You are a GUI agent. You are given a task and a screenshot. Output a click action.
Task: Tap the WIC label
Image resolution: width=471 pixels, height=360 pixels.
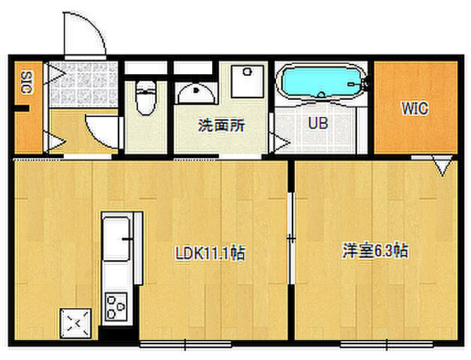point(414,108)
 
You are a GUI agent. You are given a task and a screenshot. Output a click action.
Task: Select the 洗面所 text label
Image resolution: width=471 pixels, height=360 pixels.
point(221,126)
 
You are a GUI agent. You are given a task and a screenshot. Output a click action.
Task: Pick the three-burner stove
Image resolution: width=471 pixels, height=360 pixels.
point(116,306)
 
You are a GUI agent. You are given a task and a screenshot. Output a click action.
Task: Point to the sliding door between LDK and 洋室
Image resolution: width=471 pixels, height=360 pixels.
point(291,238)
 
